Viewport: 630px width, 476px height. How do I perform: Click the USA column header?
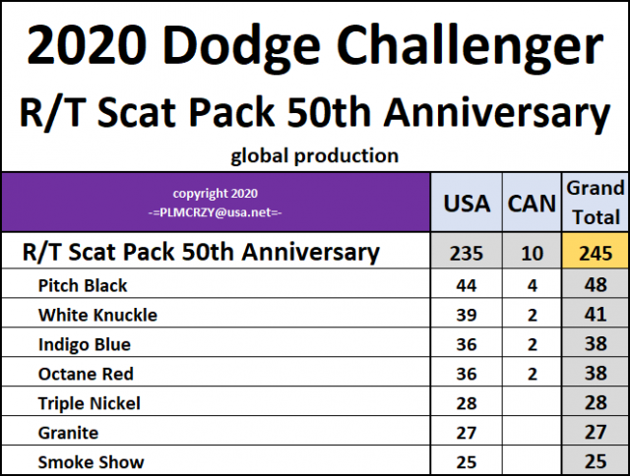click(468, 204)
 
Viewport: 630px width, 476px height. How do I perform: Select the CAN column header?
click(532, 204)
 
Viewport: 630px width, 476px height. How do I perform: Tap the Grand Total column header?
click(594, 202)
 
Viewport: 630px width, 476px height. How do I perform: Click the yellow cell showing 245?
click(594, 253)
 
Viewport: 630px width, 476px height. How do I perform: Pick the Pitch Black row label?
click(83, 286)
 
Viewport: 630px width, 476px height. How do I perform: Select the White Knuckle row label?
click(97, 316)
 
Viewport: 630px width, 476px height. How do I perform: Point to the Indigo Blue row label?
click(84, 345)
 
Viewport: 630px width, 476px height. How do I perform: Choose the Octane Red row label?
click(86, 374)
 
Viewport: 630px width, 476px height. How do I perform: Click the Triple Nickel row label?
click(89, 403)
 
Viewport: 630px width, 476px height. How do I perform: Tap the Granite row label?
click(68, 433)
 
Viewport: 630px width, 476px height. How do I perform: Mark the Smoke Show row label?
click(91, 462)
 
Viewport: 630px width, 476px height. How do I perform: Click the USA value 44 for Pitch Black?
click(467, 286)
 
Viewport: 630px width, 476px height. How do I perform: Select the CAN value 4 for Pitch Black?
click(532, 286)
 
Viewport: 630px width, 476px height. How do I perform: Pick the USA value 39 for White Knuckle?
click(467, 316)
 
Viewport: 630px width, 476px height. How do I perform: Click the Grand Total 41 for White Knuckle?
click(594, 316)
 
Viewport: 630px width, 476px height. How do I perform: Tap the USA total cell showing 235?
click(467, 253)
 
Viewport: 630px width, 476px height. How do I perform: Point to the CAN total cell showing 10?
click(532, 253)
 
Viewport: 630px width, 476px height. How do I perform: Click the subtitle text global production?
click(314, 155)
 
